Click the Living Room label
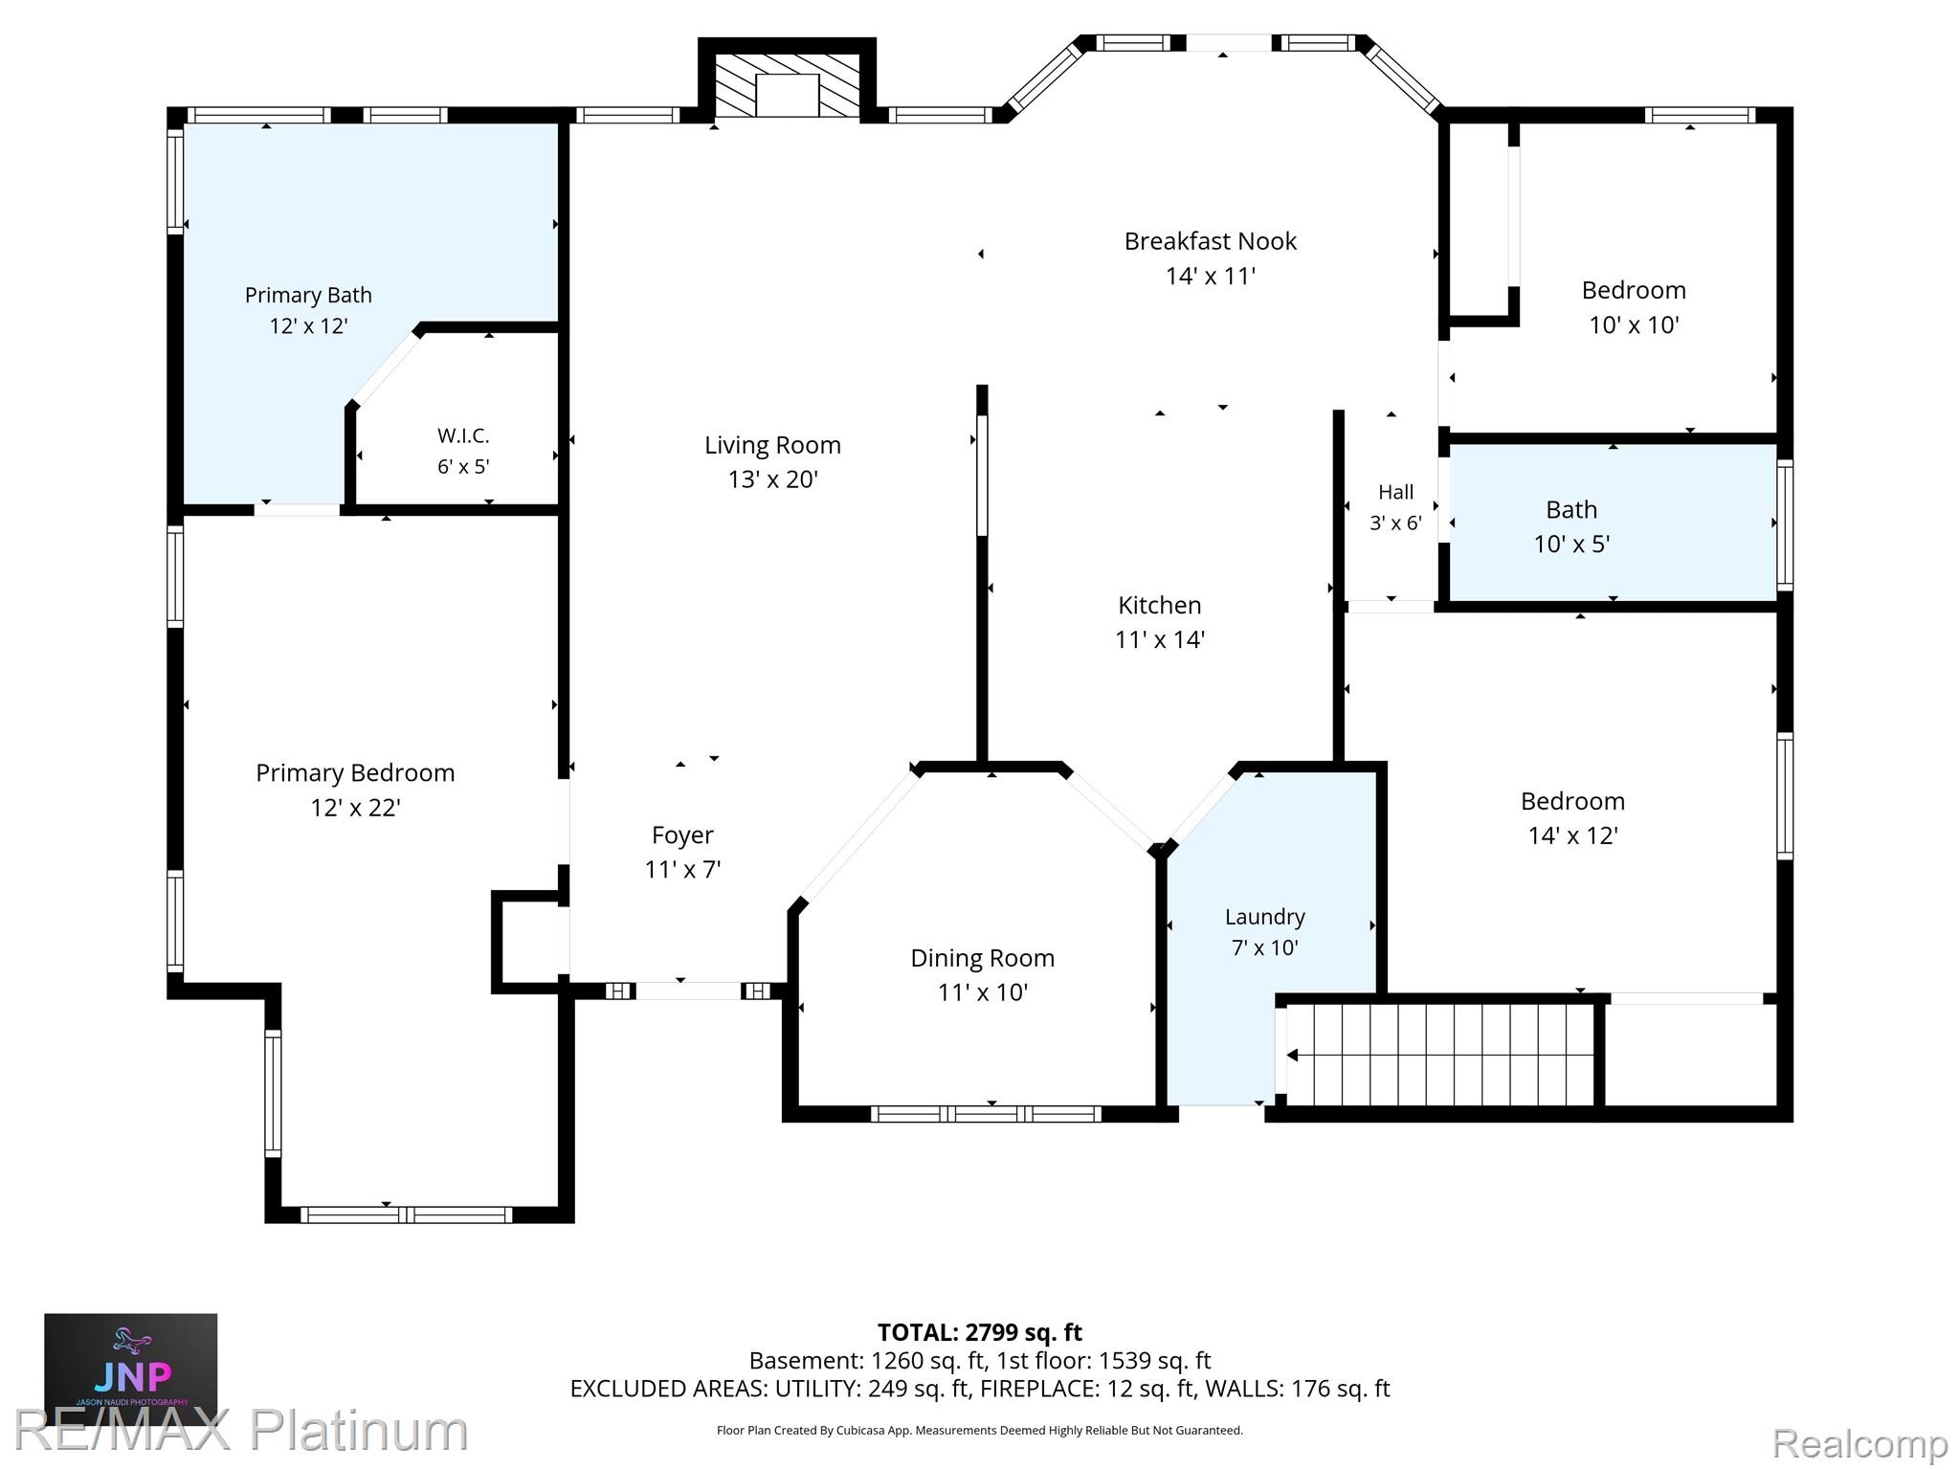coord(772,445)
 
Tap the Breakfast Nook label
coord(1210,241)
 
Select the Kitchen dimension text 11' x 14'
coord(1159,639)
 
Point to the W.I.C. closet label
coord(463,435)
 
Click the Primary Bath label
coord(308,295)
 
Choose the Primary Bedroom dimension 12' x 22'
coord(355,808)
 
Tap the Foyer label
coord(682,835)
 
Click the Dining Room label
coord(982,958)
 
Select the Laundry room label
coord(1264,917)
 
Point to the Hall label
coord(1395,492)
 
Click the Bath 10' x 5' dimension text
coord(1571,544)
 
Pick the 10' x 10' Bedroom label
coord(1634,290)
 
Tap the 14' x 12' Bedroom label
coord(1572,801)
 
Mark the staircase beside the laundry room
coord(1440,1055)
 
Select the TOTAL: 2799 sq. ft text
coord(979,1332)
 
